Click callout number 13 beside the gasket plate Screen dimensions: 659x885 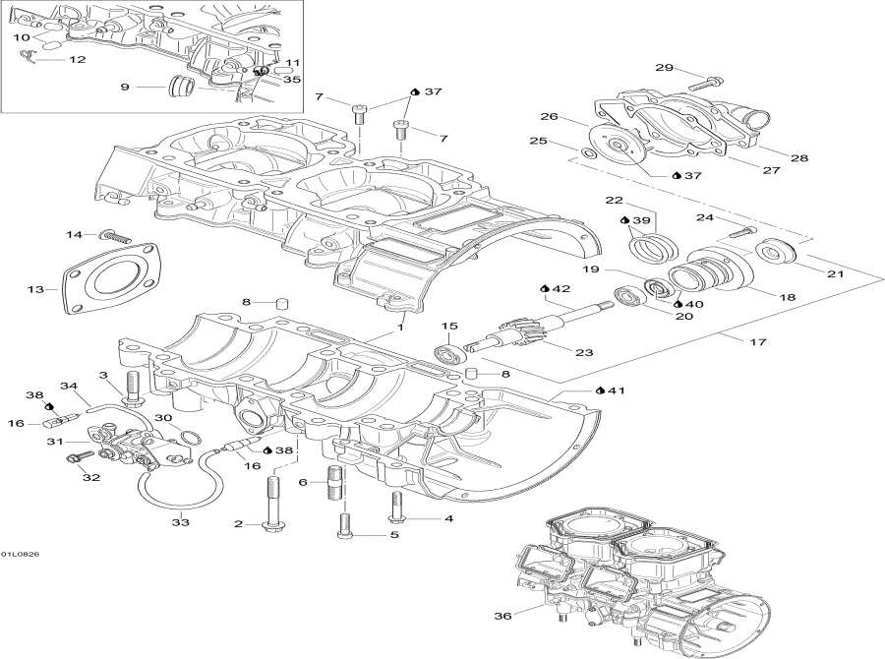coord(36,289)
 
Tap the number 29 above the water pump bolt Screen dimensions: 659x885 coord(664,68)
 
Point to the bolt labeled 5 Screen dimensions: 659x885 coord(343,528)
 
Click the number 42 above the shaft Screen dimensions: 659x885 coord(561,288)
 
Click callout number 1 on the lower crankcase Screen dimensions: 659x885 coord(400,325)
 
